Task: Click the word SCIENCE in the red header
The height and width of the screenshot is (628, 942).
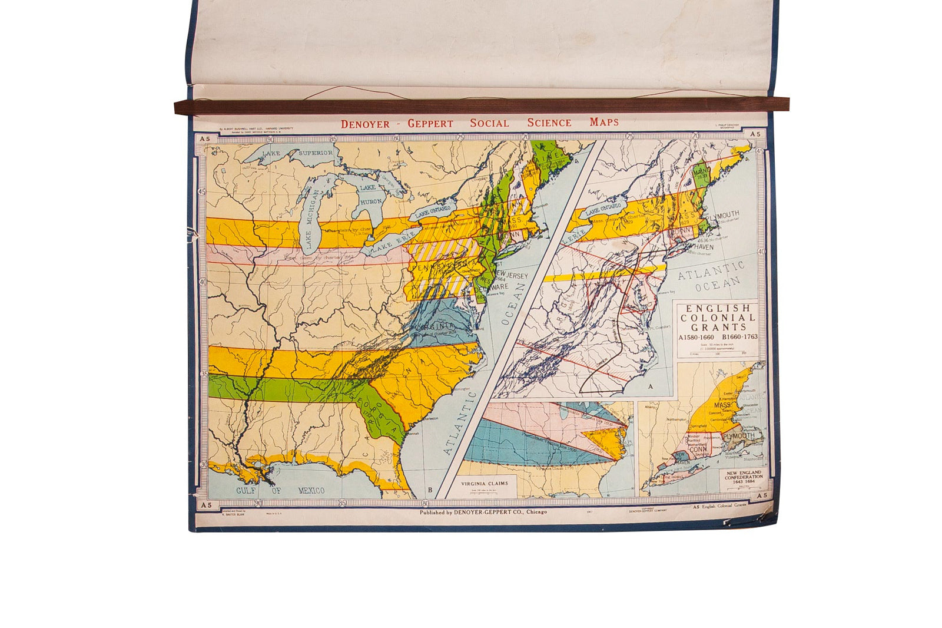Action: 549,123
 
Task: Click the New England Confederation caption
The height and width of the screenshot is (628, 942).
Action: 743,476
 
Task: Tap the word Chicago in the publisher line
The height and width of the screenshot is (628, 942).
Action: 536,512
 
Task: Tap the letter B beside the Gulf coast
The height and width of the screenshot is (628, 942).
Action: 430,490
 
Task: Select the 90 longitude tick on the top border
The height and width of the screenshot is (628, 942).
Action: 270,140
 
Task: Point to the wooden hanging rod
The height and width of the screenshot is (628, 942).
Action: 481,106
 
